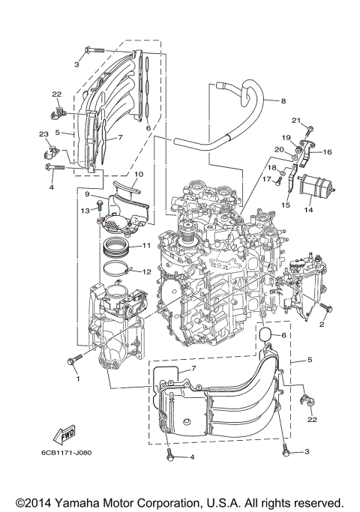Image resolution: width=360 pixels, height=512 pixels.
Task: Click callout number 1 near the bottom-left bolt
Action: coord(76,378)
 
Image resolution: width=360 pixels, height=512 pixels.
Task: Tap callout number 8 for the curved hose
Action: coord(284,100)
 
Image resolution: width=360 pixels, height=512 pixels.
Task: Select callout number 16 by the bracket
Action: coord(327,151)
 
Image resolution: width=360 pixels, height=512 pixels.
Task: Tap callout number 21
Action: coord(296,121)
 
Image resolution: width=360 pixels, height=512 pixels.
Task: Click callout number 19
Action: coord(286,137)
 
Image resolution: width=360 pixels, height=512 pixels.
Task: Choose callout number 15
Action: coord(285,204)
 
